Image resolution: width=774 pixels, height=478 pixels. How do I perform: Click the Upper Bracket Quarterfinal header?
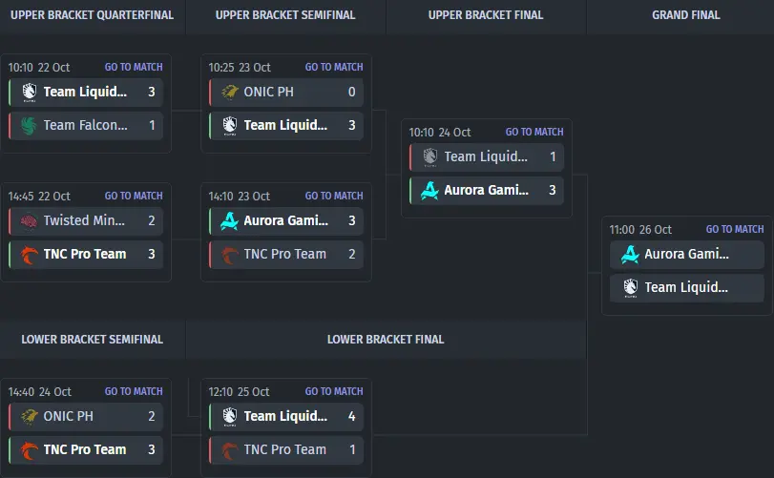[x=93, y=15]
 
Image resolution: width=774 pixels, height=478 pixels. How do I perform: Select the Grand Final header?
[x=686, y=15]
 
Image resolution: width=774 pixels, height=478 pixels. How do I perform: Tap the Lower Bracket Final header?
[x=386, y=339]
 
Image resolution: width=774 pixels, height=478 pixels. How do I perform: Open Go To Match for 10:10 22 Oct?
[x=134, y=67]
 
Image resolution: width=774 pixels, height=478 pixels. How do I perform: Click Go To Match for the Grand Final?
[x=735, y=229]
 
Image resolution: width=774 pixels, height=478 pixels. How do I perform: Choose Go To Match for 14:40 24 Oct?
[x=134, y=391]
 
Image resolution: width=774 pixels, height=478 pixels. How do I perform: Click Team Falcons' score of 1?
[x=151, y=125]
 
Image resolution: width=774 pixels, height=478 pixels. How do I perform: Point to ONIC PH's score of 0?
[x=351, y=93]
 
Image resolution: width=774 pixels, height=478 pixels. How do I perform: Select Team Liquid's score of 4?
[x=351, y=416]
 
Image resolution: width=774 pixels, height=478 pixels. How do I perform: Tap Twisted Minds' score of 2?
[x=151, y=221]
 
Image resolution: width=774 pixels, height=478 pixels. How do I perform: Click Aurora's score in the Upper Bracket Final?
[x=552, y=190]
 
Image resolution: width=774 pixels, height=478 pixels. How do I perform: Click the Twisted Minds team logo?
[x=29, y=221]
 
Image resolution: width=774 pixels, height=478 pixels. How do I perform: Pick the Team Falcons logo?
[x=29, y=125]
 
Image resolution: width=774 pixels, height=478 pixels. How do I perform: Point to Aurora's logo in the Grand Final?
[x=630, y=255]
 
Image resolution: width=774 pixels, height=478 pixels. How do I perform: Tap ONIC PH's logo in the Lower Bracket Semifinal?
[x=29, y=416]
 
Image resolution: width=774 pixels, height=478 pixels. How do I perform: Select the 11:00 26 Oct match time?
[x=640, y=230]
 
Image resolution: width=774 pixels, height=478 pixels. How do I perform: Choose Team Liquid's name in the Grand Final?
[x=686, y=287]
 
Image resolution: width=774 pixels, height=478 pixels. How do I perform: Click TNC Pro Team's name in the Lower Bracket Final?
[x=284, y=449]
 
